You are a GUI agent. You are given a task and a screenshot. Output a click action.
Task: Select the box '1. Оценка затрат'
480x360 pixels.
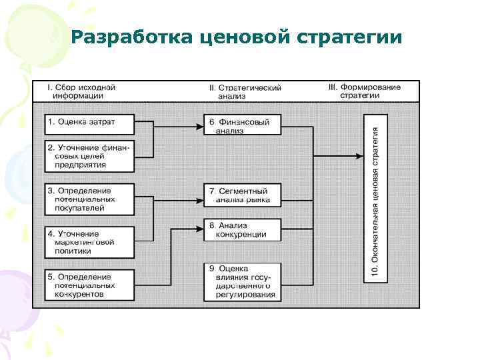pos(89,122)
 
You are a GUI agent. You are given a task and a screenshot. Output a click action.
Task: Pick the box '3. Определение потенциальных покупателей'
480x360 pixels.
pos(89,199)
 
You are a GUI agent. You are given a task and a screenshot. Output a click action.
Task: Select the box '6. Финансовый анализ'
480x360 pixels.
pos(243,126)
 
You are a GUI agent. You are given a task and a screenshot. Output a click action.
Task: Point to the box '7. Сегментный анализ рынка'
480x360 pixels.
pos(243,195)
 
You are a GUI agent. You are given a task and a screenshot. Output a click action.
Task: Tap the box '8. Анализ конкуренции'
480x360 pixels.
pos(243,229)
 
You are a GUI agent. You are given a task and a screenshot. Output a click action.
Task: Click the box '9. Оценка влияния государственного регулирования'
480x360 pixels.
pos(243,281)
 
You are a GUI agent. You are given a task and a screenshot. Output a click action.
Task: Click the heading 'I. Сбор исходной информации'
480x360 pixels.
pos(81,91)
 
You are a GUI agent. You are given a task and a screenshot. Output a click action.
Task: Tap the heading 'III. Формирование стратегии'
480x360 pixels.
pos(365,91)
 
